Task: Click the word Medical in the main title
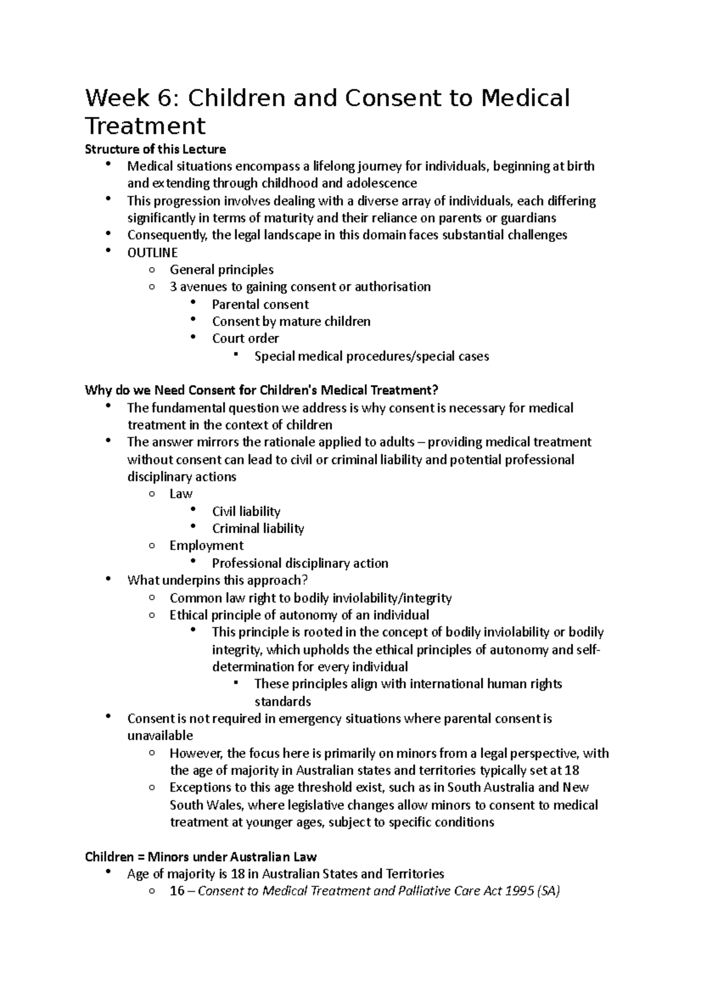coord(525,98)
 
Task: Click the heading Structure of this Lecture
coord(155,149)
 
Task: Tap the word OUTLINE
coord(152,252)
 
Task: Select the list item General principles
coord(221,270)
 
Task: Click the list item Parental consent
coord(260,304)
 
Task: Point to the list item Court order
coord(245,338)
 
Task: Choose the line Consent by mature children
coord(291,321)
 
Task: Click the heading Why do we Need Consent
coord(261,390)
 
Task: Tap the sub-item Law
coord(181,494)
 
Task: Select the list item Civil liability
coord(246,511)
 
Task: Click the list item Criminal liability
coord(258,528)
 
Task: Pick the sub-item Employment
coord(206,546)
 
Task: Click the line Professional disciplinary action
coord(300,563)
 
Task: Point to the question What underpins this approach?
coord(217,580)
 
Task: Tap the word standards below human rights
coord(282,701)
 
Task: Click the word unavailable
coord(159,736)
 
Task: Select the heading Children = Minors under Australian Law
coord(200,857)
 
